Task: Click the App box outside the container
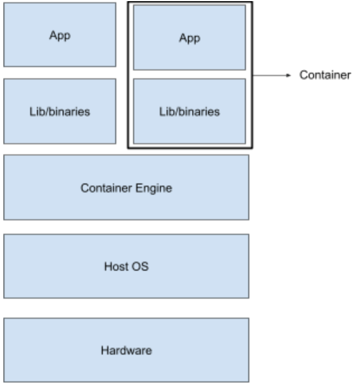point(60,35)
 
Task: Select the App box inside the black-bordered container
point(190,37)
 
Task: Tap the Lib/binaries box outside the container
point(60,111)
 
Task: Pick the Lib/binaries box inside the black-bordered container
point(190,111)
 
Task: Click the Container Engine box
point(126,187)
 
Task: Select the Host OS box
point(126,266)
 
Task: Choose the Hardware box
point(126,351)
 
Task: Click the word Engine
point(155,188)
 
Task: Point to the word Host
point(115,266)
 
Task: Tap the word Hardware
point(126,351)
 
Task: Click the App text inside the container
point(190,38)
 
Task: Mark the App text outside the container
point(60,35)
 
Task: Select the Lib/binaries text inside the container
point(190,111)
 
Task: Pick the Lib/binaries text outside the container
point(60,111)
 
